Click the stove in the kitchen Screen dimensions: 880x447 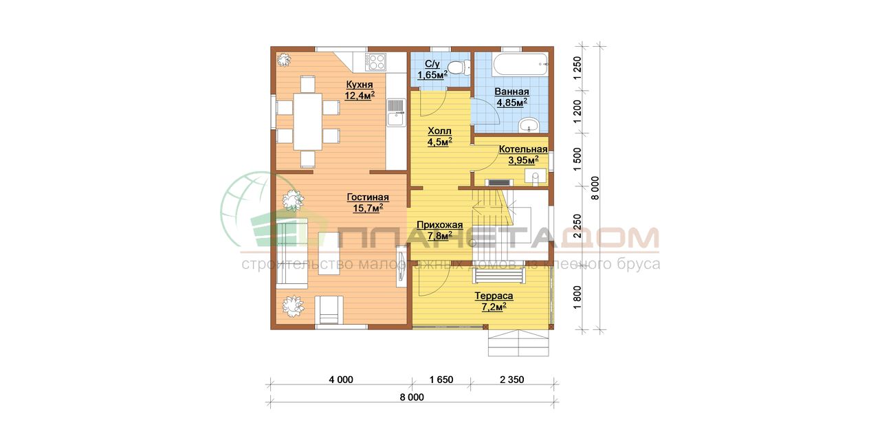click(x=375, y=62)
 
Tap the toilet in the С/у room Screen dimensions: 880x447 click(x=459, y=68)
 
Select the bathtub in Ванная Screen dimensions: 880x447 click(x=520, y=65)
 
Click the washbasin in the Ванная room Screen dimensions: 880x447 click(x=529, y=125)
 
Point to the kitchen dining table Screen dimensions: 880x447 click(x=308, y=121)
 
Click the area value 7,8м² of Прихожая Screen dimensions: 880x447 click(x=439, y=236)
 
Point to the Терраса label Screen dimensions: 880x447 click(x=494, y=296)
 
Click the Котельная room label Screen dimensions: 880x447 click(x=523, y=149)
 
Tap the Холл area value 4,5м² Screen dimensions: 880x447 click(x=439, y=142)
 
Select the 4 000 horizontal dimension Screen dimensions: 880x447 click(x=341, y=380)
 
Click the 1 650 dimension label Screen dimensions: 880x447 click(x=441, y=380)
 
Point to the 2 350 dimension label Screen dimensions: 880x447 click(x=512, y=380)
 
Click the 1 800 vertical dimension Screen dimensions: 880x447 click(x=577, y=297)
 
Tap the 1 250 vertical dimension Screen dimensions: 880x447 click(x=577, y=68)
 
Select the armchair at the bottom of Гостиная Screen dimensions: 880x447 click(x=329, y=310)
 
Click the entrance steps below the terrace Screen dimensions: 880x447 click(x=518, y=343)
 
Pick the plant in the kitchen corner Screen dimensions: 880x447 click(x=283, y=60)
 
